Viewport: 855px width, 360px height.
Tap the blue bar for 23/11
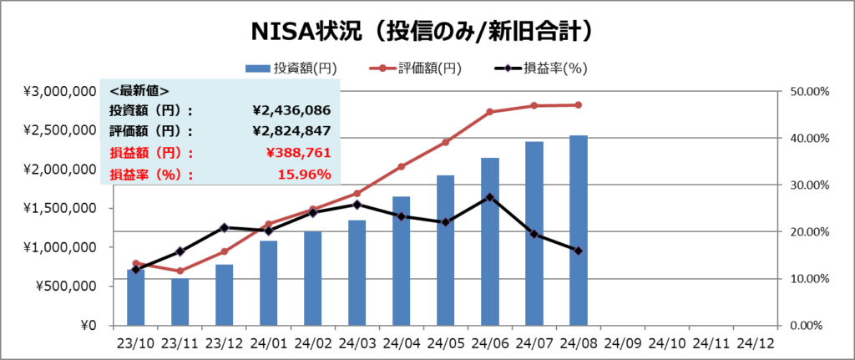click(x=180, y=302)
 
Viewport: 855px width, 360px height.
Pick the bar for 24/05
click(x=445, y=250)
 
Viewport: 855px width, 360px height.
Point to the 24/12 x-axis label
click(x=755, y=342)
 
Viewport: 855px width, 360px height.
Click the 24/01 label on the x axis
click(x=268, y=342)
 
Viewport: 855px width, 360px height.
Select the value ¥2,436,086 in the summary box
click(x=291, y=110)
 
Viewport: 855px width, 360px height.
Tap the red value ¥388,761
click(x=298, y=153)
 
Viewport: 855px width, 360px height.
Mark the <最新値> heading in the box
click(x=139, y=89)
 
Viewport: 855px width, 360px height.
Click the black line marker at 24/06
click(x=489, y=197)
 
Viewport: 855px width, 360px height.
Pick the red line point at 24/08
click(x=578, y=105)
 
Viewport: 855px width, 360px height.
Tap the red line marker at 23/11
click(x=180, y=271)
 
